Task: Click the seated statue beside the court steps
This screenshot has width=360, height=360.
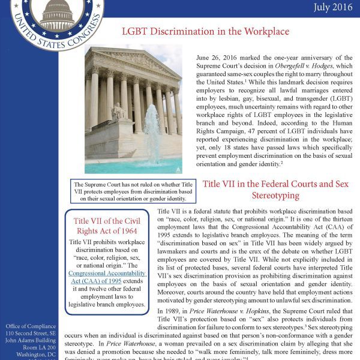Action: pyautogui.click(x=119, y=111)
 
